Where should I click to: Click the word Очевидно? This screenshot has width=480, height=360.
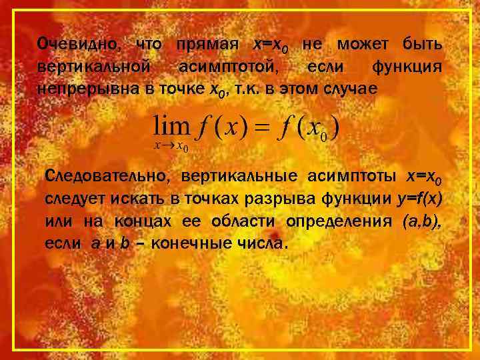point(79,45)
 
